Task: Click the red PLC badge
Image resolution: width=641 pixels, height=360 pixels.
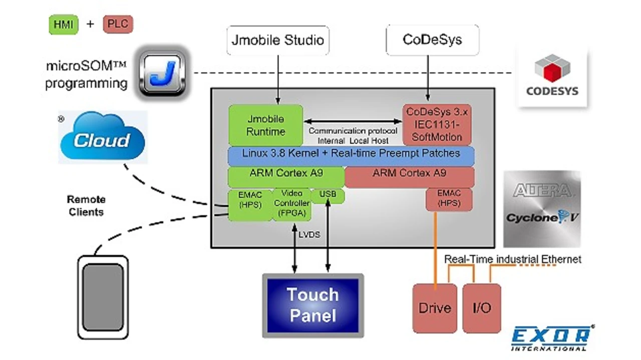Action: [118, 25]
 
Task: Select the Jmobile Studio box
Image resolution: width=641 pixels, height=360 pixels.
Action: [278, 40]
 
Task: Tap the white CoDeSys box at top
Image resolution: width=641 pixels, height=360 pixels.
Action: [432, 40]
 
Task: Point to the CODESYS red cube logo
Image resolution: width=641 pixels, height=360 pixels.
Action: [552, 70]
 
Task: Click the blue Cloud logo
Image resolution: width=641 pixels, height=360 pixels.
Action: [103, 138]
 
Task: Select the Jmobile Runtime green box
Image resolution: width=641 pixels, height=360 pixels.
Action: [265, 125]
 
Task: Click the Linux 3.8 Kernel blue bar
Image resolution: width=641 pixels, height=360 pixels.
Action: [351, 155]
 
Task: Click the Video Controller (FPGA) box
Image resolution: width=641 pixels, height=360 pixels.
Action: [291, 204]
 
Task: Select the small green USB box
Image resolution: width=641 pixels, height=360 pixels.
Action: [328, 196]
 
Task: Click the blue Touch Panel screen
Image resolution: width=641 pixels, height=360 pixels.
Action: [313, 305]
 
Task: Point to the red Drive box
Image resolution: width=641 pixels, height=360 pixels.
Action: [435, 308]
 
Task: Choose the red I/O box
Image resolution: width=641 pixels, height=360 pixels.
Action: [481, 308]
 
